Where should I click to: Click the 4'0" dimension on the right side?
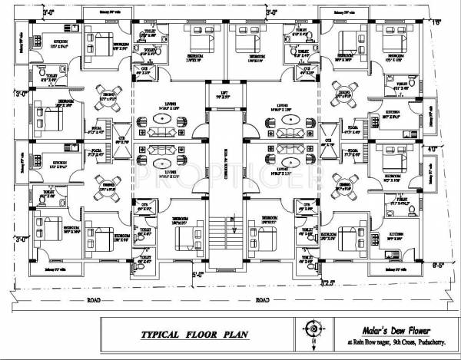[432, 149]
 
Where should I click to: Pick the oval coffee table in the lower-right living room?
[290, 163]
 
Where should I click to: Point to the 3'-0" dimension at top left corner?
[28, 12]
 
